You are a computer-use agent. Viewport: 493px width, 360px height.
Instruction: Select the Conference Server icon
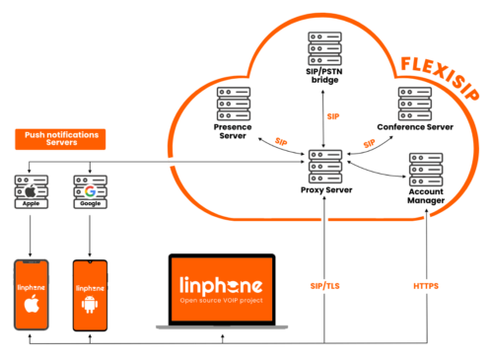pyautogui.click(x=413, y=105)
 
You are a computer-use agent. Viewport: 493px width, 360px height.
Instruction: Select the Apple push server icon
pyautogui.click(x=33, y=190)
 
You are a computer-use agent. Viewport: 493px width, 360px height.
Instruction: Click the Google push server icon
pyautogui.click(x=90, y=190)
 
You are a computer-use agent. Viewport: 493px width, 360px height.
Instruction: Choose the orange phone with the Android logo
pyautogui.click(x=90, y=294)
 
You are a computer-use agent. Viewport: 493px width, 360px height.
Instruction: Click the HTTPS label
pyautogui.click(x=425, y=287)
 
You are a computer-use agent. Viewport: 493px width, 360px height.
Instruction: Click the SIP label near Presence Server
pyautogui.click(x=282, y=141)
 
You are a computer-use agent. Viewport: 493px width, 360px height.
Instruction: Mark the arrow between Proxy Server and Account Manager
pyautogui.click(x=379, y=169)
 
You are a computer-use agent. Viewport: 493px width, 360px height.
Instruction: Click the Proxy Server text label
pyautogui.click(x=324, y=189)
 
